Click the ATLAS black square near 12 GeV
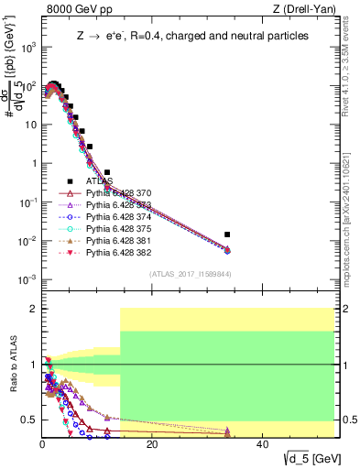pos(107,172)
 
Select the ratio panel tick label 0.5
pos(27,420)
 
